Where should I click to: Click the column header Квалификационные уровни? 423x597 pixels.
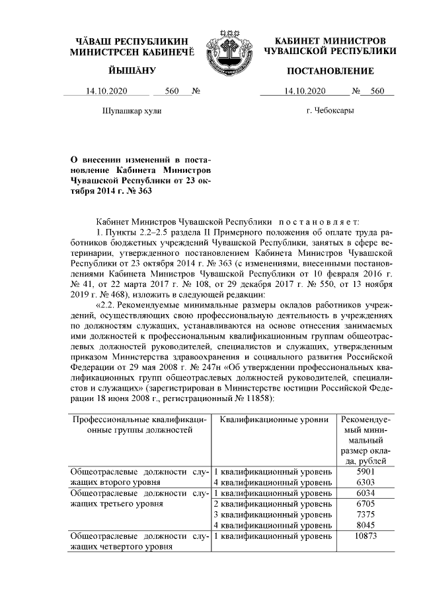pyautogui.click(x=274, y=420)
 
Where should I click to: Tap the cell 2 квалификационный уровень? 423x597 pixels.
pyautogui.click(x=272, y=503)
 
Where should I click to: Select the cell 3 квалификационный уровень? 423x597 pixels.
pyautogui.click(x=272, y=514)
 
